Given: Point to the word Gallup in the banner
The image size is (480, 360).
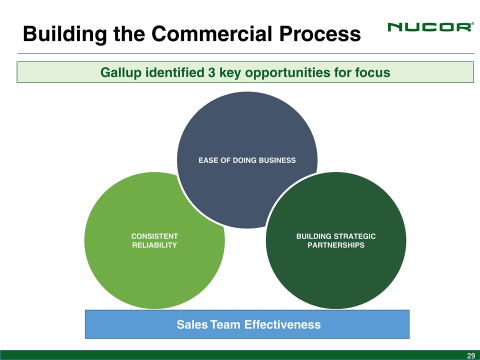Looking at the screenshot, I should (x=120, y=72).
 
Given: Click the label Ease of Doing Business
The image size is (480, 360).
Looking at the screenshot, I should (x=247, y=160).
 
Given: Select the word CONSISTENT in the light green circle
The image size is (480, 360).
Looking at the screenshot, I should (x=154, y=235).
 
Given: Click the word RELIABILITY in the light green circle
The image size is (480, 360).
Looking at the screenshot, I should (x=154, y=245).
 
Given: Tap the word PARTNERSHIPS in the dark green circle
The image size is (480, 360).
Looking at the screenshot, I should (x=336, y=245).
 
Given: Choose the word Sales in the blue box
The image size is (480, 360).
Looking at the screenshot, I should (x=192, y=325).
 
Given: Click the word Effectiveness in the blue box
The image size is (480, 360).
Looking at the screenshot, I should (x=282, y=325).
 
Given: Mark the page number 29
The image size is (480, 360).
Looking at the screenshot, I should (x=470, y=355).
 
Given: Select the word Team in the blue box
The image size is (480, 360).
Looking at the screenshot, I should (x=226, y=325).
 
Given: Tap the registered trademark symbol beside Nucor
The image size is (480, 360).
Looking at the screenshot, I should (x=472, y=23).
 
